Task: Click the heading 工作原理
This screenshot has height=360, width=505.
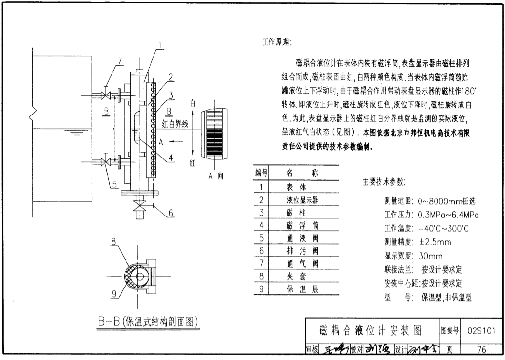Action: tap(277, 43)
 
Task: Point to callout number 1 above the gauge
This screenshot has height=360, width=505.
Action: tap(160, 46)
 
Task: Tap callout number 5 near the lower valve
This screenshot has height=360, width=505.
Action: tap(114, 184)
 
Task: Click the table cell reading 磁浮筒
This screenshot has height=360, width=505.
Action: tap(302, 225)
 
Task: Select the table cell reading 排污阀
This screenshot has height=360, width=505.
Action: tap(302, 250)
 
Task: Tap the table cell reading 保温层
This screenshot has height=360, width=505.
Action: tap(302, 289)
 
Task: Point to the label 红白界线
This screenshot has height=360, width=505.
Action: tap(177, 124)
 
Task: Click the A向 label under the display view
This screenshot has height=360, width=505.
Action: tap(215, 176)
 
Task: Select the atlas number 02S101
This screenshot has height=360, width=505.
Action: tap(481, 331)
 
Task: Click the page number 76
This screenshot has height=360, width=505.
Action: tap(481, 350)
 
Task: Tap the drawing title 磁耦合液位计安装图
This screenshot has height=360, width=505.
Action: tap(371, 331)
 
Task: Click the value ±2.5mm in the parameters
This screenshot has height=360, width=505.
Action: tap(435, 242)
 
